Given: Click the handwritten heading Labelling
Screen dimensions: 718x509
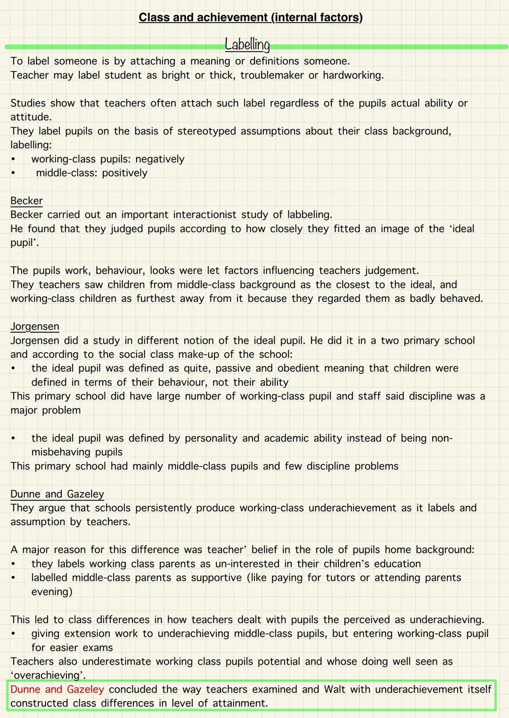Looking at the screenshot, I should tap(247, 45).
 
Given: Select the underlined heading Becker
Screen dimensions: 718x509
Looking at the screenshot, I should tap(26, 201).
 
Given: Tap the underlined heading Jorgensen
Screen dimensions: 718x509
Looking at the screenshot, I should tap(35, 326).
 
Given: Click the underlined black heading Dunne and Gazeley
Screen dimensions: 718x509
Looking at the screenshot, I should tap(57, 494).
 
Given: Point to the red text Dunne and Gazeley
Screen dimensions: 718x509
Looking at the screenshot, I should tap(57, 689).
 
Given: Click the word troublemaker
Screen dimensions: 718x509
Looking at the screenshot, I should tap(272, 75).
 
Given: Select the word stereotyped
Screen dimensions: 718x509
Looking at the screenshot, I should tap(206, 131).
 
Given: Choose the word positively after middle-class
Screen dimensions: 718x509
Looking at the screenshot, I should tap(124, 173).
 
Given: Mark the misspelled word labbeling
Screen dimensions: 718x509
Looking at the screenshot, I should tap(308, 215).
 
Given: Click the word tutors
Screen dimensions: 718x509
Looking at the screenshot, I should tap(338, 578).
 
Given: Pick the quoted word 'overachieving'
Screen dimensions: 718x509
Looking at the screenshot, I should tap(48, 675).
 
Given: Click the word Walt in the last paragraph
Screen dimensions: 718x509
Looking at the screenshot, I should tap(335, 689).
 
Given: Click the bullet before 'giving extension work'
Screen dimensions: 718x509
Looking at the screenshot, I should tap(13, 634).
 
